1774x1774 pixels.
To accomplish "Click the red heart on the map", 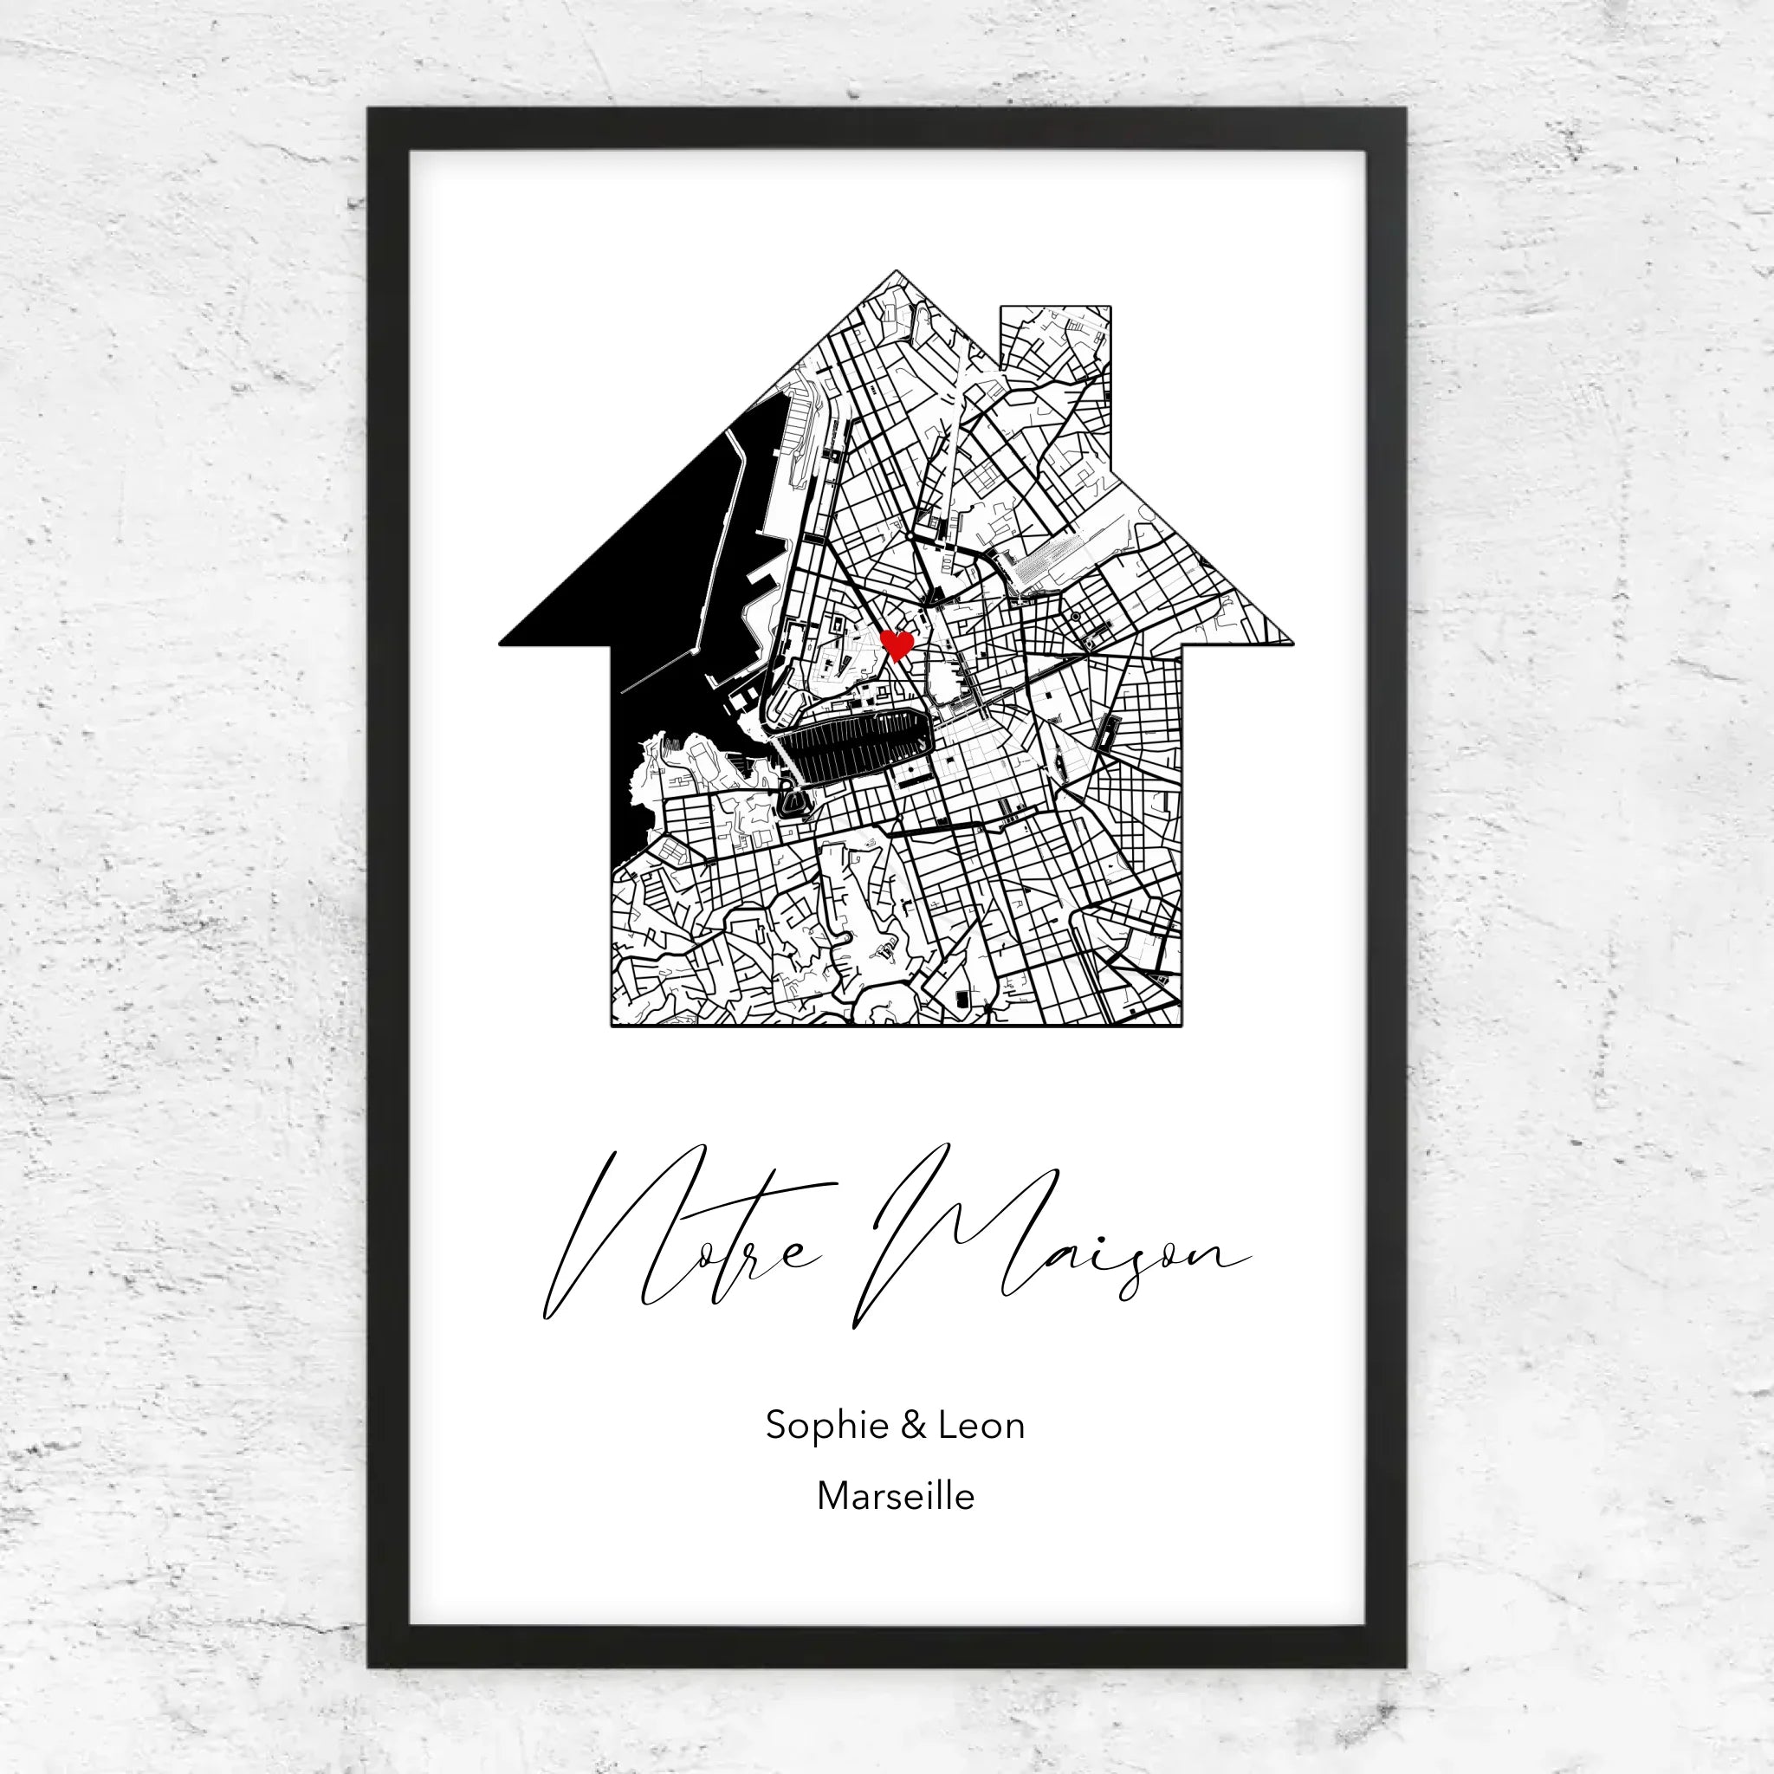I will (897, 644).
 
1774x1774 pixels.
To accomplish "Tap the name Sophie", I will (825, 1426).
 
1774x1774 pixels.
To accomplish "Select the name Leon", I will (981, 1425).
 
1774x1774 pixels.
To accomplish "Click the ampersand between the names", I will (914, 1425).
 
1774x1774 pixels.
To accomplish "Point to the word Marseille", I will (896, 1496).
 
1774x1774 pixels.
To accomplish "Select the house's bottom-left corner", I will (613, 1024).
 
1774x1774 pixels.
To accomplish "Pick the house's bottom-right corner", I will (1180, 1024).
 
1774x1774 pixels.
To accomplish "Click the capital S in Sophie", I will (778, 1425).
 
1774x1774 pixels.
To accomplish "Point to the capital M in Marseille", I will (832, 1496).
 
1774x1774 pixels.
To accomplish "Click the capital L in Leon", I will (947, 1425).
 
